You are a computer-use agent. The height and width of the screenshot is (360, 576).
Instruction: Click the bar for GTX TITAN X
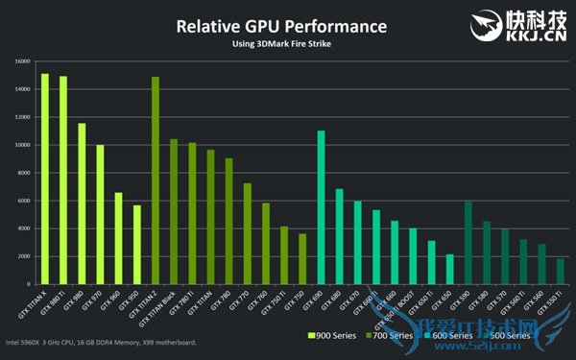45,179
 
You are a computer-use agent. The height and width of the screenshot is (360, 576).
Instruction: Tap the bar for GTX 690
321,207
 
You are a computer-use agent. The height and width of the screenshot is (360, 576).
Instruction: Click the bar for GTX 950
137,244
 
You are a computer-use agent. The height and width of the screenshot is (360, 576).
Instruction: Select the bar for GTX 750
302,258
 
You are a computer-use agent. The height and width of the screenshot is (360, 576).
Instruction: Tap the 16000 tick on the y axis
21,61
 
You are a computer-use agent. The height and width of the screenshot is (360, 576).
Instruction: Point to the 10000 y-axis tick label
21,145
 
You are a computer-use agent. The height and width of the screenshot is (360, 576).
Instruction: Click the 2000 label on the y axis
23,256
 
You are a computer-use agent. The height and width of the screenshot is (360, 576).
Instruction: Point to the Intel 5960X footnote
101,343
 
